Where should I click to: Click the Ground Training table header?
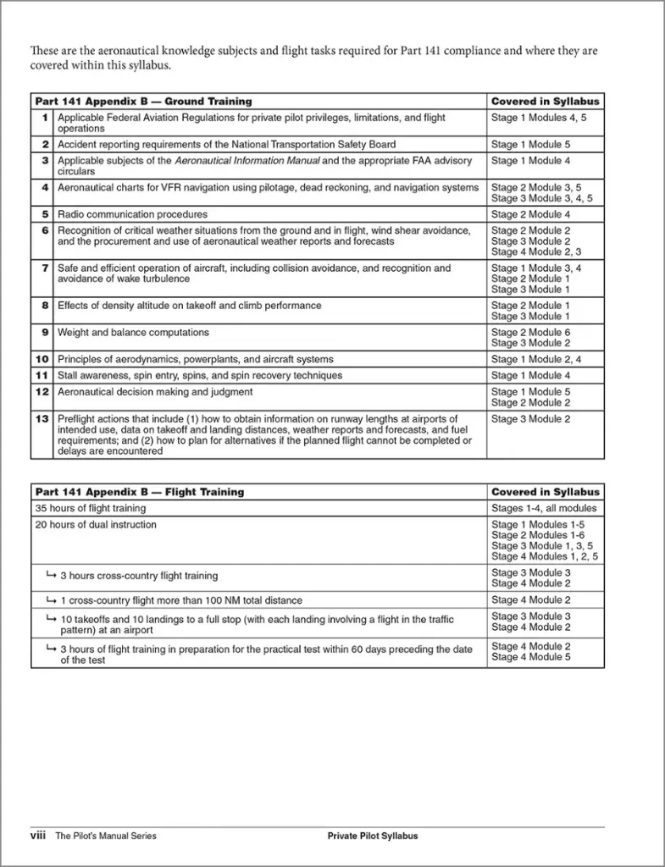(143, 102)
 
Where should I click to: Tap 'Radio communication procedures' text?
(132, 214)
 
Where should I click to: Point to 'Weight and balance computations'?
(133, 333)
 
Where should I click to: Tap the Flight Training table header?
(139, 492)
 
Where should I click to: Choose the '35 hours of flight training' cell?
(90, 508)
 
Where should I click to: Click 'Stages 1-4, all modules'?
(544, 508)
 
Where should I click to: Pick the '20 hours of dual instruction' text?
(96, 525)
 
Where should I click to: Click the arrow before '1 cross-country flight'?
(51, 600)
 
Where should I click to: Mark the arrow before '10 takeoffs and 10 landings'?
(51, 619)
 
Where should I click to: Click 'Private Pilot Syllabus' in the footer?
(373, 836)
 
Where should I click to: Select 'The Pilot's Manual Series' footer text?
(106, 836)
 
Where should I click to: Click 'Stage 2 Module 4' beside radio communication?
(530, 214)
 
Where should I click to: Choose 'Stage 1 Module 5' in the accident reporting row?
(530, 144)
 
